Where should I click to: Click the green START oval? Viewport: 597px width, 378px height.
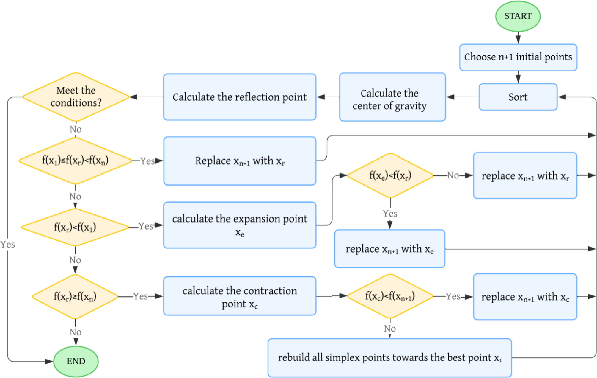518,16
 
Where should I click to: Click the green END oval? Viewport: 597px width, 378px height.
76,361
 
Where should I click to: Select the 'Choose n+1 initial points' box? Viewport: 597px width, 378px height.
518,57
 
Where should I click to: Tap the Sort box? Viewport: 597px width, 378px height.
518,97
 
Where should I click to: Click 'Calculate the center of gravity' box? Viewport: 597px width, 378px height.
392,97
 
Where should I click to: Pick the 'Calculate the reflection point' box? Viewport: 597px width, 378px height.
239,97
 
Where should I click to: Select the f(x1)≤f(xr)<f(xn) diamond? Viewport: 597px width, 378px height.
75,161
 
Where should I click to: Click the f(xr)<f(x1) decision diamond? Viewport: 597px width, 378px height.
75,227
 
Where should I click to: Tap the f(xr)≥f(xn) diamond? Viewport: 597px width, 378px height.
75,296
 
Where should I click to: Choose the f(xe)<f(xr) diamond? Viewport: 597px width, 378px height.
390,175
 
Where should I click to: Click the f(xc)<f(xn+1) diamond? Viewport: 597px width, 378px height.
390,296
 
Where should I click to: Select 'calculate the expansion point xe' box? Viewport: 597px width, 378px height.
239,225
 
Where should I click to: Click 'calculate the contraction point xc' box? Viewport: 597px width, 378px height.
239,296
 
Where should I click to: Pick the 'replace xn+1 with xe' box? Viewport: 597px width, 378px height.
389,249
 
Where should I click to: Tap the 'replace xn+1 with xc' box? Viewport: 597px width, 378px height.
525,297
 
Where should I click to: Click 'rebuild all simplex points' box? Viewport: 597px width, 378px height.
389,357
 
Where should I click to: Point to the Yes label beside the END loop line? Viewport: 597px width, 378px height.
7,245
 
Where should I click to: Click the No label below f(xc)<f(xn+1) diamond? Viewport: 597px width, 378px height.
390,329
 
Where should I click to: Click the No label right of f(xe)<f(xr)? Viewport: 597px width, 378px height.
453,175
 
